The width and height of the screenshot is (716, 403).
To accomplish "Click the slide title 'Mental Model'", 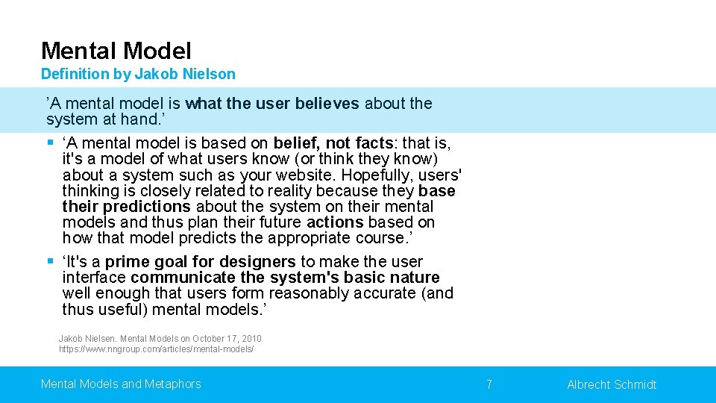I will click(x=116, y=51).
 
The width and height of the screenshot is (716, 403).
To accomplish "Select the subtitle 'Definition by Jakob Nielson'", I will click(x=138, y=74).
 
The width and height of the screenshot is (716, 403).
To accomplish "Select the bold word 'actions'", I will click(x=335, y=222).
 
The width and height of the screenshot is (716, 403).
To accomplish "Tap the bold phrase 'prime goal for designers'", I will click(x=200, y=262).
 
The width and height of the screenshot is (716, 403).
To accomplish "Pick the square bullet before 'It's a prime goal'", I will click(x=50, y=261).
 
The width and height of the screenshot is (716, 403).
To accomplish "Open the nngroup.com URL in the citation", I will click(x=157, y=349).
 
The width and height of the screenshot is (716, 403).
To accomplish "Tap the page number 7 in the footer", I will click(x=489, y=384).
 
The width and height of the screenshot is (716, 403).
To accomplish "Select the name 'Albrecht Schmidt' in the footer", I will click(x=612, y=384).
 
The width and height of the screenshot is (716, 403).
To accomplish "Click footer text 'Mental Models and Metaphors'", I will click(x=121, y=384).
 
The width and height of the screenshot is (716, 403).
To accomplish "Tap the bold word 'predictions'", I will click(x=147, y=207).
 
